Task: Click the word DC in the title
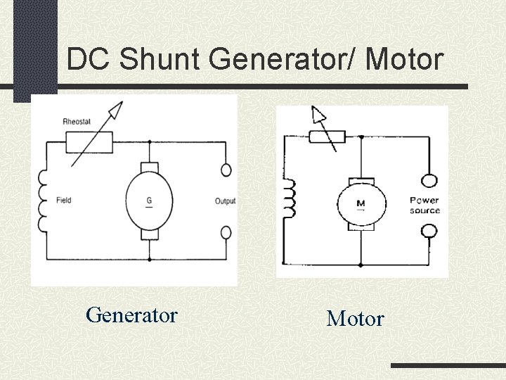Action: pos(90,60)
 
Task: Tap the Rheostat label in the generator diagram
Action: pos(77,121)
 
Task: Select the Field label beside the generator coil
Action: pos(63,201)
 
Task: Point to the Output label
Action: pos(225,201)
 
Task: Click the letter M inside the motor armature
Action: pos(361,204)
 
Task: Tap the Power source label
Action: pos(424,205)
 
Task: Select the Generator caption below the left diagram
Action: pos(131,315)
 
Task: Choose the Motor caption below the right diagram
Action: pos(355,319)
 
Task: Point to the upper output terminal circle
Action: pos(226,170)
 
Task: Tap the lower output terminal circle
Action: pos(226,232)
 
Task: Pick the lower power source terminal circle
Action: pos(428,231)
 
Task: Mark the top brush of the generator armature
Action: pos(149,167)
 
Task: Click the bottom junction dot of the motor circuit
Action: pos(361,265)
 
